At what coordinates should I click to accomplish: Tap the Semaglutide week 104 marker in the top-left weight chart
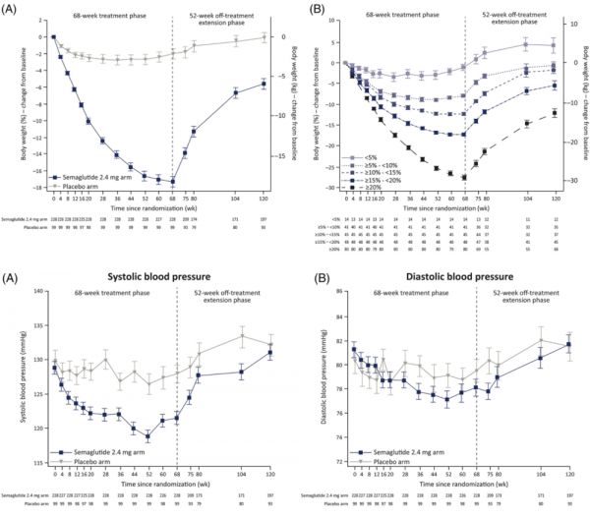click(235, 92)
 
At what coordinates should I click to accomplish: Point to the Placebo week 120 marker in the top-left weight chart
click(263, 36)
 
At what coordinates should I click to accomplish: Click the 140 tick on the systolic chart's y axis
click(36, 292)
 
